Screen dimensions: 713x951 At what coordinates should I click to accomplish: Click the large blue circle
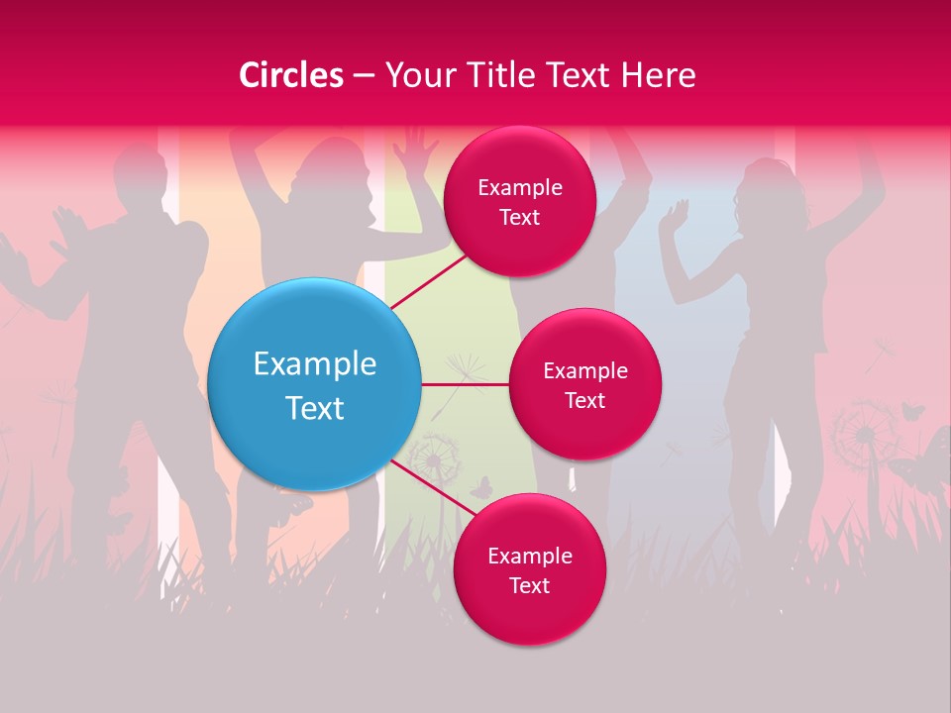click(315, 384)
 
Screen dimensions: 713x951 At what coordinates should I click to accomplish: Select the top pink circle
click(519, 201)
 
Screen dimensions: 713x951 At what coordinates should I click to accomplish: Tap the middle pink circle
click(584, 384)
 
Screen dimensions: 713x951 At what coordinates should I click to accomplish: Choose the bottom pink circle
click(529, 569)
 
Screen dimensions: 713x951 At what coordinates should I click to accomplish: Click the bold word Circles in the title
click(290, 75)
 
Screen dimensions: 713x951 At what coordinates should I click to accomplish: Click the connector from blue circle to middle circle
click(465, 384)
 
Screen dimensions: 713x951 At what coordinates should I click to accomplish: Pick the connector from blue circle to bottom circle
click(434, 488)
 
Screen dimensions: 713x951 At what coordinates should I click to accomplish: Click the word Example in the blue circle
click(315, 363)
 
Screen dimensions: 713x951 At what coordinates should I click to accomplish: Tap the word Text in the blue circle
click(315, 408)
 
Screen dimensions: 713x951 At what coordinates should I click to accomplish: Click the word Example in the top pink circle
click(519, 187)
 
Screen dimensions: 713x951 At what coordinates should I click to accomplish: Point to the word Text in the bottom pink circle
click(529, 585)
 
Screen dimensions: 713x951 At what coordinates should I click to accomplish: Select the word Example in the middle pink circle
click(584, 370)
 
